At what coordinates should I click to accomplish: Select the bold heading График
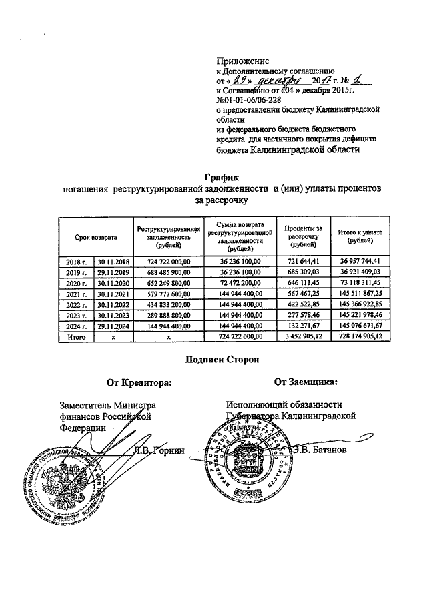click(x=220, y=177)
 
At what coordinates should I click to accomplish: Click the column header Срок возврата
click(x=95, y=237)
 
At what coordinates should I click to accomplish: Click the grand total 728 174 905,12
click(x=360, y=337)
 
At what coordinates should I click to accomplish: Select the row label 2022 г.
click(x=77, y=304)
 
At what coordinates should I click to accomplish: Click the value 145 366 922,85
click(x=360, y=304)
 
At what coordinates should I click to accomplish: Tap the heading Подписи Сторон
click(x=220, y=360)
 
